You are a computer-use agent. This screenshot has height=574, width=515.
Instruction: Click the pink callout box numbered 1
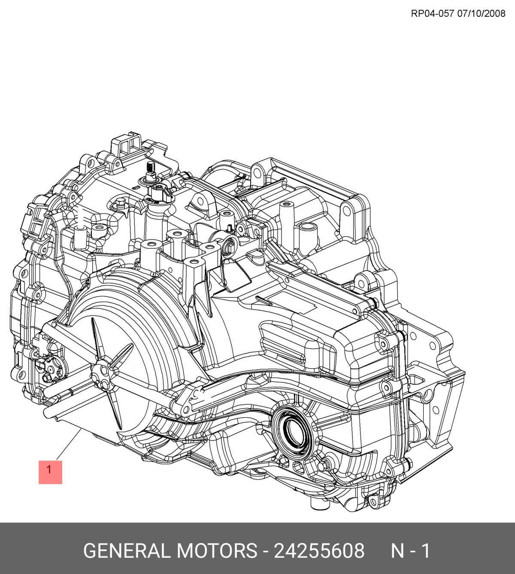(50, 472)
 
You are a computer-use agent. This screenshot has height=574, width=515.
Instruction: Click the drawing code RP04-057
(432, 14)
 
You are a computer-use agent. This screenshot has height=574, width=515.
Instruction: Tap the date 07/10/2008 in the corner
(482, 14)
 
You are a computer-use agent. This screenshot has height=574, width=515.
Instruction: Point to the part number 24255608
(319, 551)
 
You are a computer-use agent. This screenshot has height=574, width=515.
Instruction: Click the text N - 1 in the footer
(411, 551)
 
